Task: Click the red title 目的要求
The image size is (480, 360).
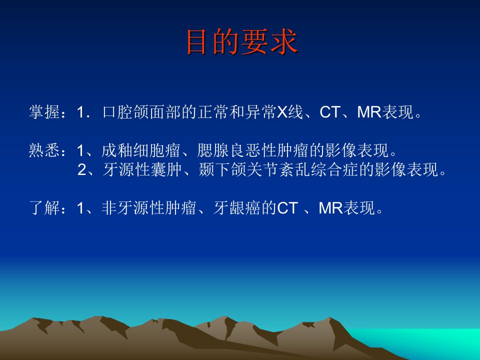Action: click(242, 42)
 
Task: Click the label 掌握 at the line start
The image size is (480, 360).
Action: click(44, 111)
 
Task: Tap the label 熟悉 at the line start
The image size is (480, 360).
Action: click(44, 150)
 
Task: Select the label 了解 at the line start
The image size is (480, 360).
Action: click(44, 208)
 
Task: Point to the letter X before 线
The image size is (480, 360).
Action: click(282, 112)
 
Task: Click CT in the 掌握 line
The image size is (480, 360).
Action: click(330, 112)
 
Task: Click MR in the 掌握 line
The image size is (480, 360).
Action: click(369, 112)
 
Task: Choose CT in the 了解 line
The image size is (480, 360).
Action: click(287, 208)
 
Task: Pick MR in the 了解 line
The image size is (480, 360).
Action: click(330, 208)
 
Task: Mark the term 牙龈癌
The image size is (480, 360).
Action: click(237, 208)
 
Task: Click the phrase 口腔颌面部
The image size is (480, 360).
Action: click(141, 111)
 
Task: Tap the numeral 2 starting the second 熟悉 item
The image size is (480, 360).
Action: click(81, 170)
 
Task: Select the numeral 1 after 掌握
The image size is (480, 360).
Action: click(80, 112)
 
